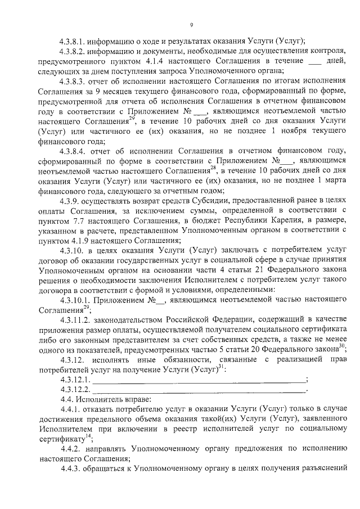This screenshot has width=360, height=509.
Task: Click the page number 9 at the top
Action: tap(192, 25)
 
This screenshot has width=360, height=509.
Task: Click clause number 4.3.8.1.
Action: tap(75, 41)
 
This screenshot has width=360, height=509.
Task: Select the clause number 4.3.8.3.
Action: tap(75, 82)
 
